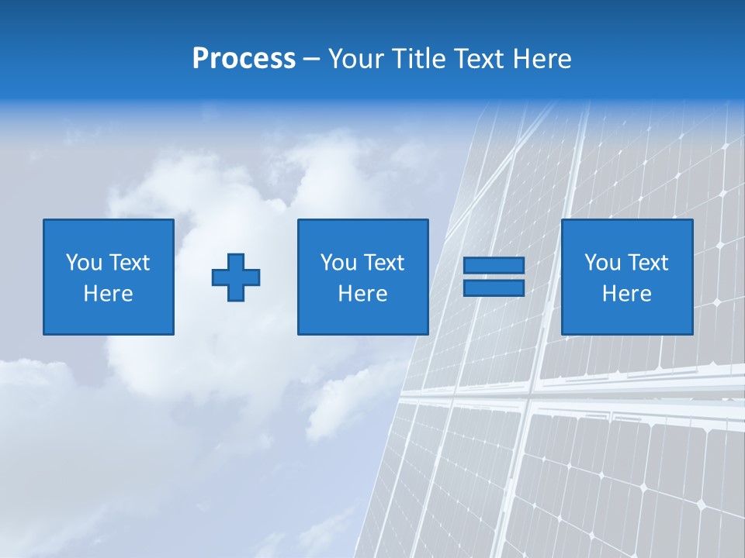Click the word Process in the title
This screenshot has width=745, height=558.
(x=244, y=59)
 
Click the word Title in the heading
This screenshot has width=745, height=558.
(x=419, y=59)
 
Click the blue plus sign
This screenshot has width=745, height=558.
(x=236, y=277)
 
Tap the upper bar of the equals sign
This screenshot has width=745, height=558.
(x=494, y=266)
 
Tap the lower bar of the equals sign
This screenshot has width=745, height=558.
(x=494, y=288)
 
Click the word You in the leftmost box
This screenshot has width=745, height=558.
(x=84, y=263)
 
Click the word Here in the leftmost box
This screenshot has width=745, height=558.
(x=109, y=294)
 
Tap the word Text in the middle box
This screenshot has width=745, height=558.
(x=383, y=263)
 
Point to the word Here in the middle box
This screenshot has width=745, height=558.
(x=362, y=294)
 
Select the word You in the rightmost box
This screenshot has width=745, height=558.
(x=602, y=263)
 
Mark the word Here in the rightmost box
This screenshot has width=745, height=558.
(x=627, y=294)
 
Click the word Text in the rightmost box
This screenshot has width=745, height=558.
(x=647, y=263)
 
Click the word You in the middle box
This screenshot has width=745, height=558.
(x=338, y=263)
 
